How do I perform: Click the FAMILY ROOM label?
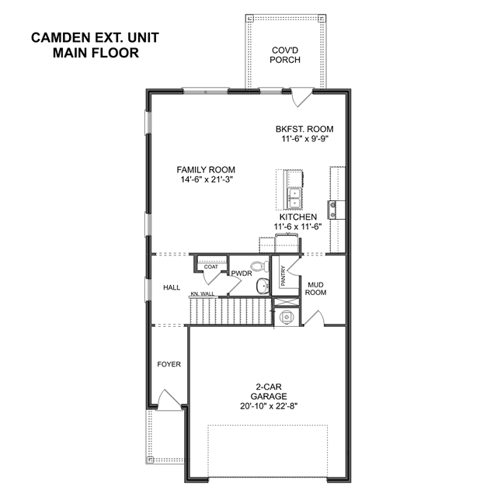point(206,169)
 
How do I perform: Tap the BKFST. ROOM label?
point(304,129)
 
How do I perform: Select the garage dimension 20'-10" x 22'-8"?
point(269,406)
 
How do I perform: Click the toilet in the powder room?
point(259,266)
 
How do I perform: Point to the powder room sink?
point(262,287)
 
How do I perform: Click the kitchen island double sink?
point(294,198)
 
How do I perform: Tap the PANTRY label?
point(283,276)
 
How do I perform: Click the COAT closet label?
point(210,267)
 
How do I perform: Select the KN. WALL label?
point(203,294)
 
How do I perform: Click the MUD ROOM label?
point(316,289)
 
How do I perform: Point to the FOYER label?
point(169,364)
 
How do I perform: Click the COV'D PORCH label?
point(285,55)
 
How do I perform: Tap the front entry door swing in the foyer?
point(169,399)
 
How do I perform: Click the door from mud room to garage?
point(314,318)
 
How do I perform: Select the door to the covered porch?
point(302,97)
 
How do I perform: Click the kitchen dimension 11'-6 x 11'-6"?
point(298,227)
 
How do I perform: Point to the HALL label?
point(172,287)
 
